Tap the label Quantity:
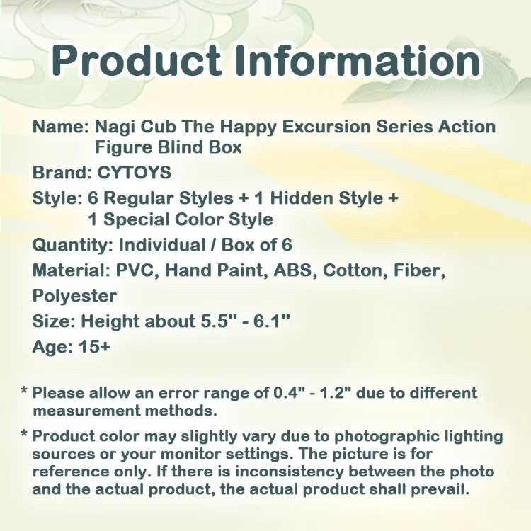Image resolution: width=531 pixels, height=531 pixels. [72, 245]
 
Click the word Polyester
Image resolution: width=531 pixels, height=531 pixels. [74, 295]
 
